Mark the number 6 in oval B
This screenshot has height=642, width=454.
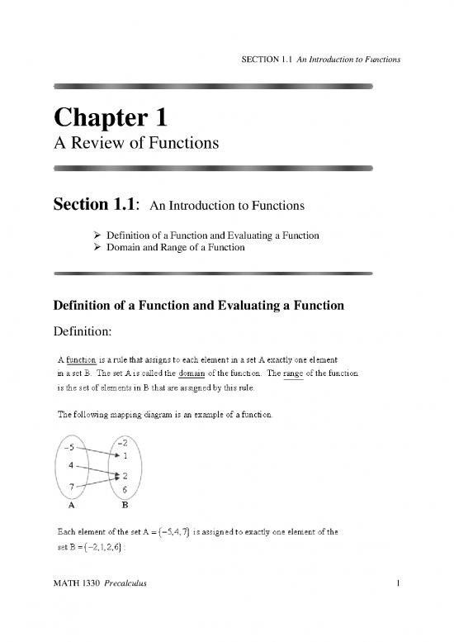[124, 490]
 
